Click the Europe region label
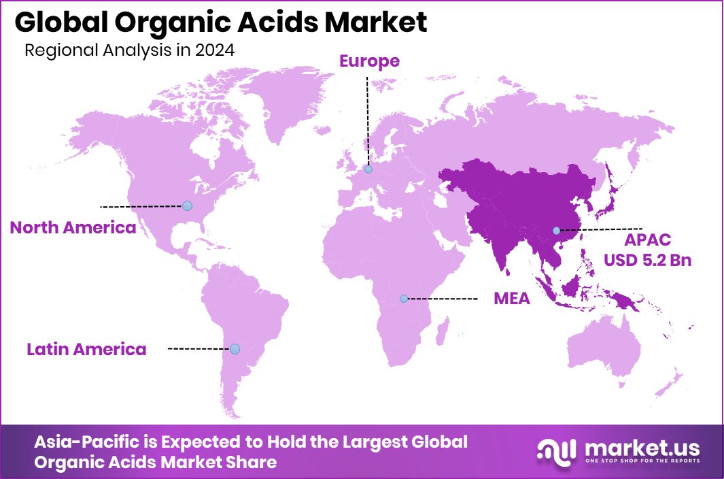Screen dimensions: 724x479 tap(369, 61)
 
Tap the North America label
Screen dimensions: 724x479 tap(73, 227)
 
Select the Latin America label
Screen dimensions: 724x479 tap(86, 350)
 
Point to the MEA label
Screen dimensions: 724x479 tap(511, 299)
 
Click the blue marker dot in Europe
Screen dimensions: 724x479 tap(368, 169)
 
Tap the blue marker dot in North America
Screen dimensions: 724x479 tap(187, 205)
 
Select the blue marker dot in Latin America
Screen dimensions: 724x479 tap(235, 349)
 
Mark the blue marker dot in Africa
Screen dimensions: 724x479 tap(403, 299)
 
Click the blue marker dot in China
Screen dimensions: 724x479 tap(556, 231)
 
